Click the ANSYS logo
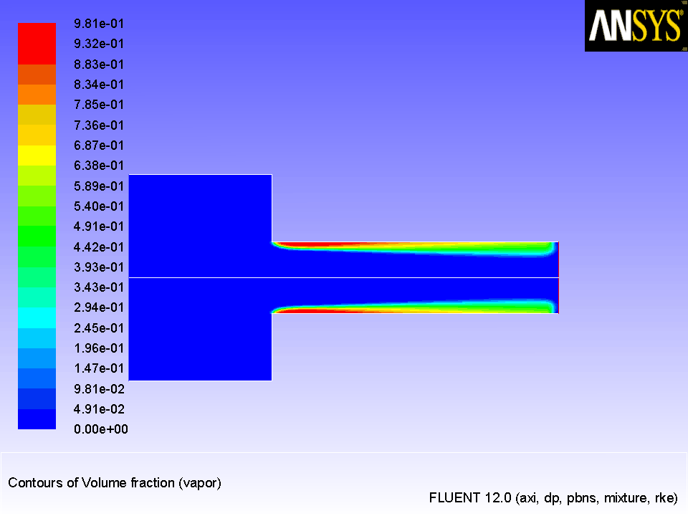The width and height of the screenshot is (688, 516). coord(636,26)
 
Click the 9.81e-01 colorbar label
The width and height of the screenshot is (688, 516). coord(99,24)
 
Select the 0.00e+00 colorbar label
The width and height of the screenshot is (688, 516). coord(101,429)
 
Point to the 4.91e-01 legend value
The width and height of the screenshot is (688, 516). coord(99,226)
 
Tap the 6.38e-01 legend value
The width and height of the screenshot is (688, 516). coord(99,166)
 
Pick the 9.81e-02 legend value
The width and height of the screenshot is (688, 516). coord(99,388)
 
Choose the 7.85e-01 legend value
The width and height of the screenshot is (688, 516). coord(99,105)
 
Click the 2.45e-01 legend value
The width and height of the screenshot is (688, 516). coord(99,328)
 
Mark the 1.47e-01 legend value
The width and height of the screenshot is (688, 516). coord(99,368)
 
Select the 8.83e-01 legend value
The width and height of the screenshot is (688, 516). coord(99,64)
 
